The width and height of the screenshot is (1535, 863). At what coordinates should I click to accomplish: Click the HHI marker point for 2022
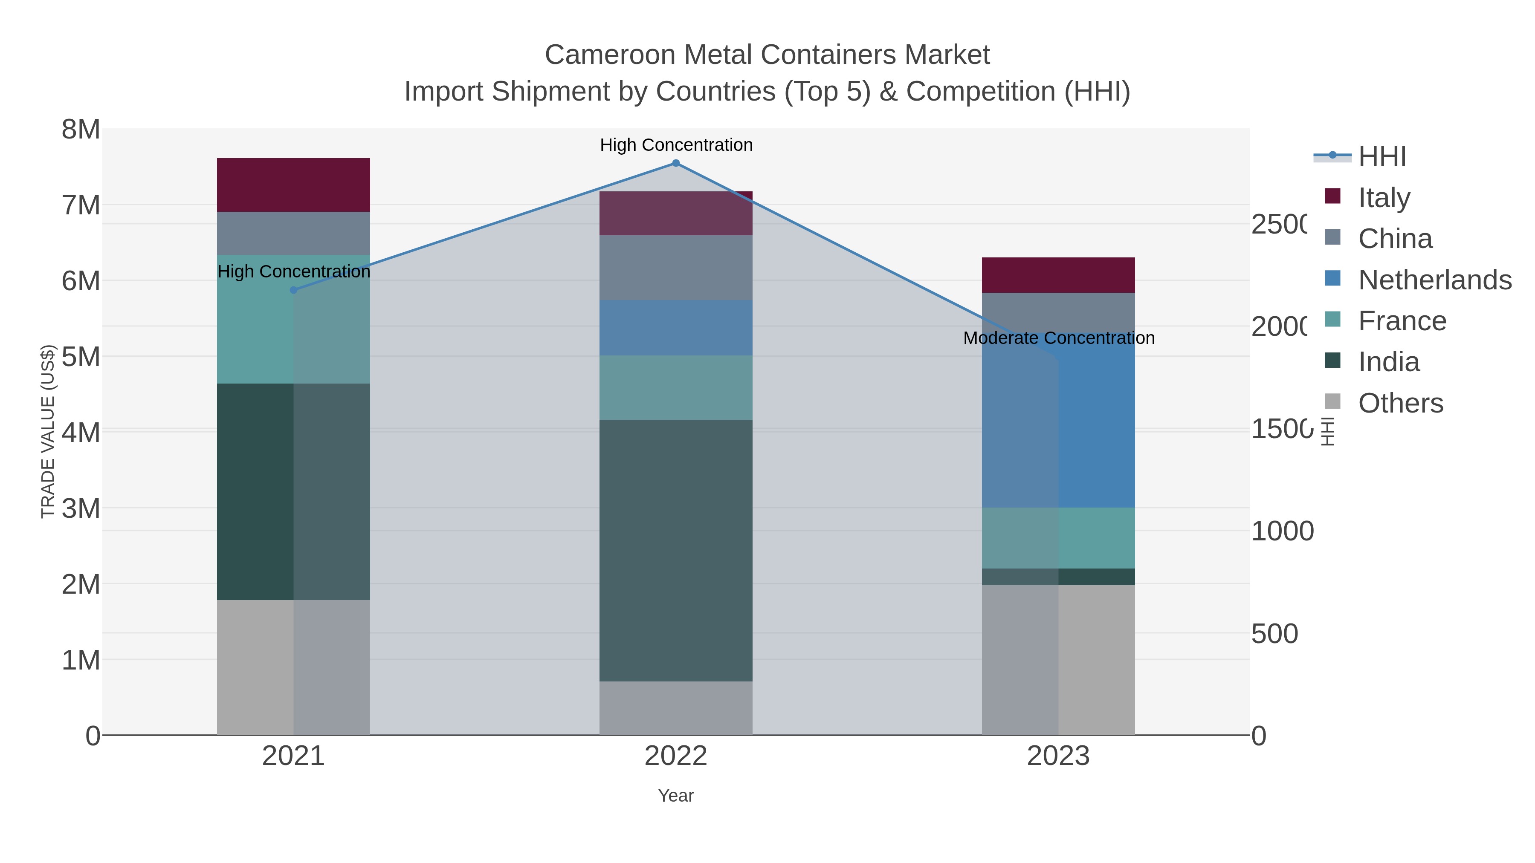676,163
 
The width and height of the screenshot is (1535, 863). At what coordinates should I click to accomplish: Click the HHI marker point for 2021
293,290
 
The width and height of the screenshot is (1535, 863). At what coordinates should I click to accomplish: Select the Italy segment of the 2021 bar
293,185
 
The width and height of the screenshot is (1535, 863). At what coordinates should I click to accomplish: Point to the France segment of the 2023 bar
1058,538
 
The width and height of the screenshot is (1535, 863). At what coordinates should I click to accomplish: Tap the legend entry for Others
1400,403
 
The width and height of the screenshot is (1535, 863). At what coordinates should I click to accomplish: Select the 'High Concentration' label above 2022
676,145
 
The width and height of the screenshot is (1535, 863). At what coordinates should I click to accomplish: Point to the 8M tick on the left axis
81,129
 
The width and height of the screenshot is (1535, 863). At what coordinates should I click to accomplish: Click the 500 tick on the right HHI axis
1274,634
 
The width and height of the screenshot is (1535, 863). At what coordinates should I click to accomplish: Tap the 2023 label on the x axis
1058,756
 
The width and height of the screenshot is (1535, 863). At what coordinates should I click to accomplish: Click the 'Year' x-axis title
676,796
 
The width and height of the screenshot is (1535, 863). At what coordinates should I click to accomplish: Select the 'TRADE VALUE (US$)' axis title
48,431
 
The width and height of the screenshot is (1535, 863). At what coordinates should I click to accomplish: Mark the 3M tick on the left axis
81,508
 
